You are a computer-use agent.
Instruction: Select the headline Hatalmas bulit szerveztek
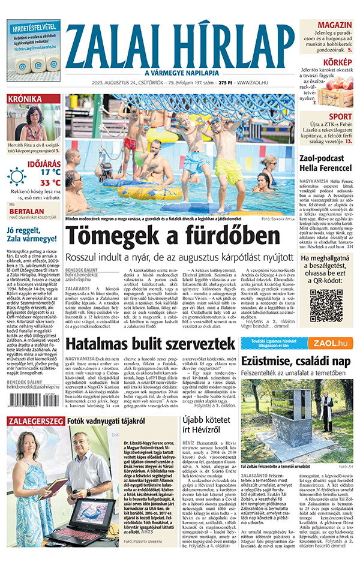150,344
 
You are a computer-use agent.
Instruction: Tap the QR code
326,306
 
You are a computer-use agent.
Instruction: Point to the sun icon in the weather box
17,176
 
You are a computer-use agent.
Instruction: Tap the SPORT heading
340,116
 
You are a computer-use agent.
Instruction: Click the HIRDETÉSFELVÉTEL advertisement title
34,27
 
